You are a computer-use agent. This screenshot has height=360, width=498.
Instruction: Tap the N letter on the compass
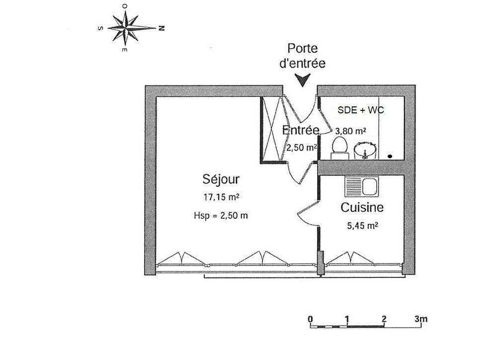162,28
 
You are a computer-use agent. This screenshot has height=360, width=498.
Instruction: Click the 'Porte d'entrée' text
302,56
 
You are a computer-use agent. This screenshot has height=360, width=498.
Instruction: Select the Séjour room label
221,179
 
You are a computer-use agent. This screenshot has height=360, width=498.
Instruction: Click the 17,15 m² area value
221,197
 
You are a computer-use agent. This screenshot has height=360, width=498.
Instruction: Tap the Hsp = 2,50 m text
221,215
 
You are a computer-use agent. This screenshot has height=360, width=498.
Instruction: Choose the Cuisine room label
362,207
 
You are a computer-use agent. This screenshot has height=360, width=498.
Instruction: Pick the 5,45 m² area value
362,226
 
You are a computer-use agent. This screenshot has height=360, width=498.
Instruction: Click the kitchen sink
362,186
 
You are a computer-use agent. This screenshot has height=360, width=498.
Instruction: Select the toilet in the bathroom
339,148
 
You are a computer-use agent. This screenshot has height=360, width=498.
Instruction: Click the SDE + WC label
361,110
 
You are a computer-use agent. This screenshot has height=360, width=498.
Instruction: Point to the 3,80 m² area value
350,131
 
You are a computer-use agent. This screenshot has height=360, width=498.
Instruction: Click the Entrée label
301,130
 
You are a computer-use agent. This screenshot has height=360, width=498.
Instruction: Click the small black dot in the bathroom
390,156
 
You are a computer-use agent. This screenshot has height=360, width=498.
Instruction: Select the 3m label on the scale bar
421,318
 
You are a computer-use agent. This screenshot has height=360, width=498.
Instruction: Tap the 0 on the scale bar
310,319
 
